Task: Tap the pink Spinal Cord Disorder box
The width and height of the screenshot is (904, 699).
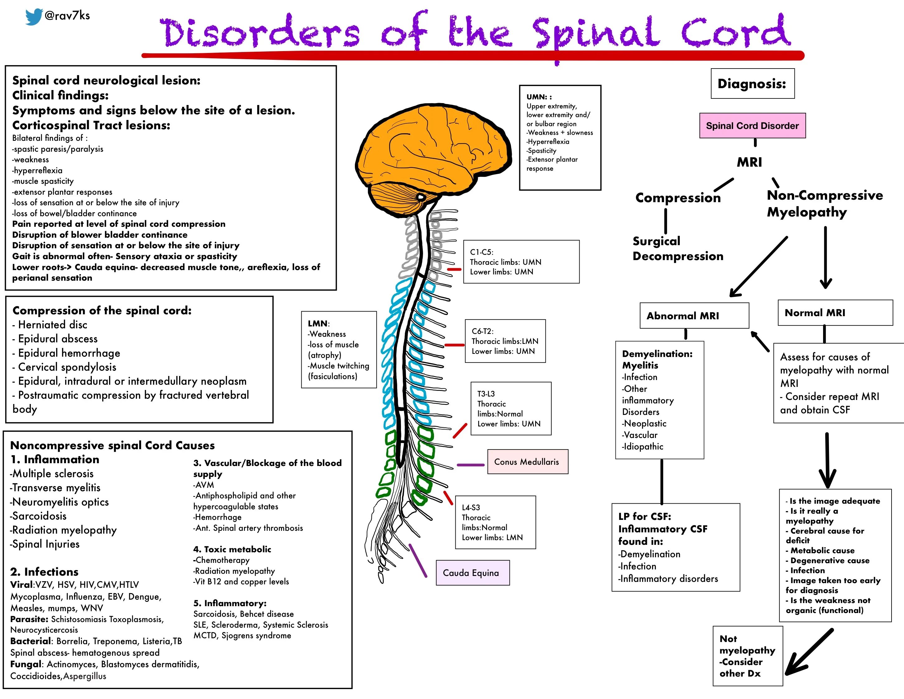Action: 752,126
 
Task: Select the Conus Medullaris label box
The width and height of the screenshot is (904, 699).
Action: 527,462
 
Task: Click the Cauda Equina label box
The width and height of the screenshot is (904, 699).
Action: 472,573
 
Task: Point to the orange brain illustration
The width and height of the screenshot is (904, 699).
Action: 431,153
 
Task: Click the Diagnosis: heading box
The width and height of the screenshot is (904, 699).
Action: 752,84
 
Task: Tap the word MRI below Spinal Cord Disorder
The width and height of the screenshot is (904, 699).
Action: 749,162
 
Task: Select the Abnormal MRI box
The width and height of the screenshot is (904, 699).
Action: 694,316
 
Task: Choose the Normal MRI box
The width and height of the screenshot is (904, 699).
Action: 835,313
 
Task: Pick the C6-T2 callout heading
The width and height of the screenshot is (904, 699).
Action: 483,331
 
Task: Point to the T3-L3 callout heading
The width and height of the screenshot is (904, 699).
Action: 486,394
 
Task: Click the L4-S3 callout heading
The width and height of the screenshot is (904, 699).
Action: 471,507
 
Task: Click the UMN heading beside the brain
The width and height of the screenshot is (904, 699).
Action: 539,97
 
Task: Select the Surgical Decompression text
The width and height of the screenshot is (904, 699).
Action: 678,249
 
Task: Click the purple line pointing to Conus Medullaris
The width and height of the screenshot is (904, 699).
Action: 470,465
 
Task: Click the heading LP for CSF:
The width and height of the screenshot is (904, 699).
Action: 644,516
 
